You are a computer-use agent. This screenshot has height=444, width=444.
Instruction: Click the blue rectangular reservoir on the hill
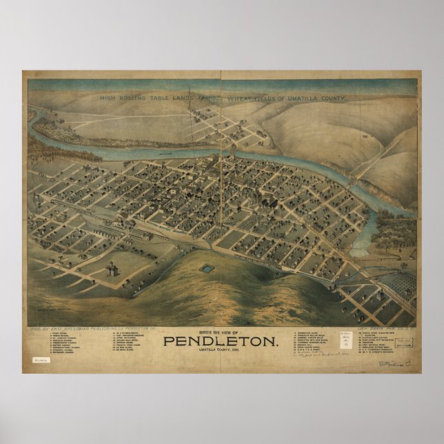coord(206,268)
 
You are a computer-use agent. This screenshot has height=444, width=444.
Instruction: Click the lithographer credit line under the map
coord(387,331)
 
